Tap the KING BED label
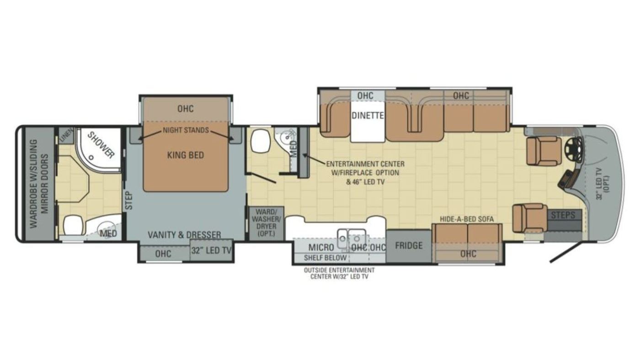186,155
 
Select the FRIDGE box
409,246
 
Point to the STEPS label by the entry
563,215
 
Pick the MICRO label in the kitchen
321,247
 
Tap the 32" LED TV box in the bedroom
211,250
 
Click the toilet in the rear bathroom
73,225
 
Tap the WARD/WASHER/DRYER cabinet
266,223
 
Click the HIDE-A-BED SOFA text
467,219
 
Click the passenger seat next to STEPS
530,218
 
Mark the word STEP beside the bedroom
129,201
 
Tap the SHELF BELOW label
325,258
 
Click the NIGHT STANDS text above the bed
186,130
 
